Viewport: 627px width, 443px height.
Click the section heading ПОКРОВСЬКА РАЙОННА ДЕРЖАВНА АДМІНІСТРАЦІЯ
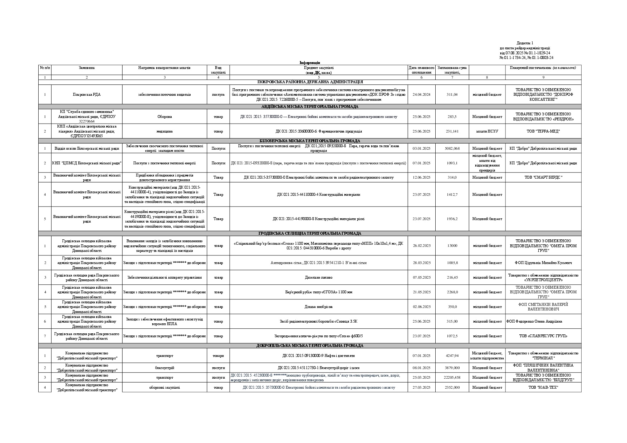click(x=310, y=82)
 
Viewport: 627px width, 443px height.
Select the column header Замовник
click(x=87, y=68)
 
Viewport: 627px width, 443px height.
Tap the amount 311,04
click(x=452, y=95)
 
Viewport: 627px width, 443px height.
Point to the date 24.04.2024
click(x=421, y=95)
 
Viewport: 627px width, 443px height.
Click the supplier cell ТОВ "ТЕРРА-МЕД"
click(x=543, y=131)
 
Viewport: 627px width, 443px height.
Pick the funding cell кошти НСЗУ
click(x=487, y=131)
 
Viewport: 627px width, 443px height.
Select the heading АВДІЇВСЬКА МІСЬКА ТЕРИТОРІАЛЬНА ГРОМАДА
click(x=310, y=106)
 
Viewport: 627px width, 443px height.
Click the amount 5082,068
click(x=452, y=149)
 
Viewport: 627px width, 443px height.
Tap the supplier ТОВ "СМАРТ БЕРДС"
click(x=543, y=178)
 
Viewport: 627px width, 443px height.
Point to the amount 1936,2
click(x=452, y=219)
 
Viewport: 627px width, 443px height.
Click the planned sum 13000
click(x=452, y=246)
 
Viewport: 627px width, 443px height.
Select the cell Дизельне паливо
click(x=318, y=278)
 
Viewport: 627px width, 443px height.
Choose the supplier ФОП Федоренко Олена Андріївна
click(x=534, y=322)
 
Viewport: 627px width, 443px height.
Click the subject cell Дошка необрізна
click(x=318, y=307)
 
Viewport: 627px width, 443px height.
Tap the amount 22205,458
click(x=452, y=378)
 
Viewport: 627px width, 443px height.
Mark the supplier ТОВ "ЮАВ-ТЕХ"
click(x=543, y=388)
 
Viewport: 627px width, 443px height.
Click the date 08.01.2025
click(x=421, y=368)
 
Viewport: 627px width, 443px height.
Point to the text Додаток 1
click(x=525, y=43)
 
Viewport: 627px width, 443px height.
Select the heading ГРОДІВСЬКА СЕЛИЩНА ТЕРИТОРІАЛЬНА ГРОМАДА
click(x=310, y=234)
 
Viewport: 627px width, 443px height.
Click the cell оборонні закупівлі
click(x=165, y=388)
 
